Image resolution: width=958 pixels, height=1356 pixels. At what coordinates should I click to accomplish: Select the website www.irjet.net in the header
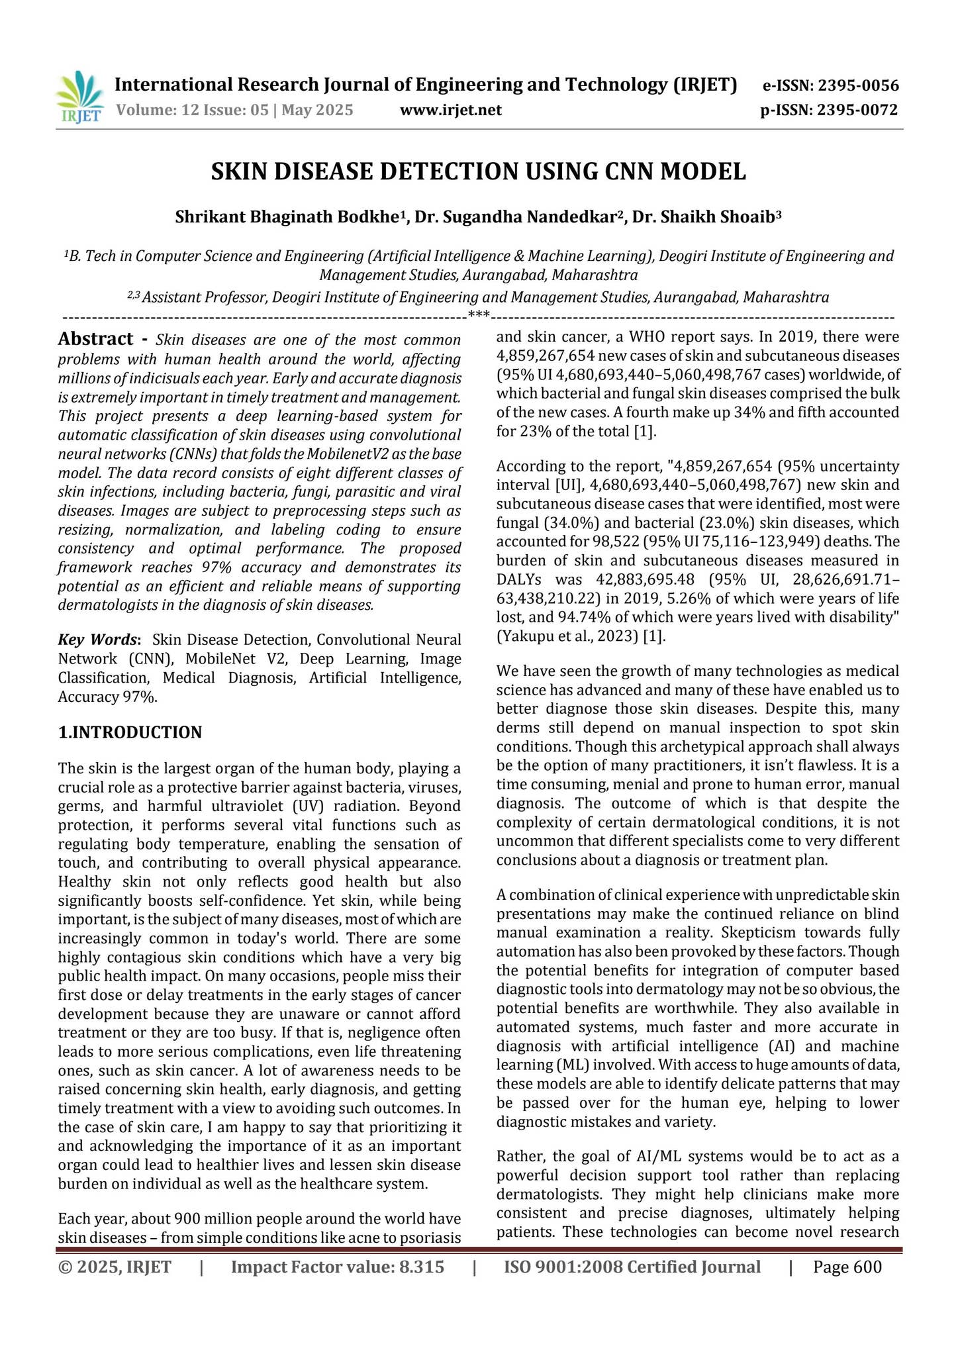click(x=451, y=110)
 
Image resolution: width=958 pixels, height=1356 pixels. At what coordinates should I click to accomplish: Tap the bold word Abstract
click(x=96, y=340)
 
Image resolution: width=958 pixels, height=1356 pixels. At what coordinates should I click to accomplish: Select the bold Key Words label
click(x=99, y=640)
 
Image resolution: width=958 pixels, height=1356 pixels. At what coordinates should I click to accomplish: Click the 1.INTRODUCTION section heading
click(x=130, y=732)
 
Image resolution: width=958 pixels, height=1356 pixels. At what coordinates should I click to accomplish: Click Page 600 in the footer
click(x=847, y=1267)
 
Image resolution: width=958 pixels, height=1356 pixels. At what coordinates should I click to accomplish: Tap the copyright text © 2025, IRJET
click(x=115, y=1267)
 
